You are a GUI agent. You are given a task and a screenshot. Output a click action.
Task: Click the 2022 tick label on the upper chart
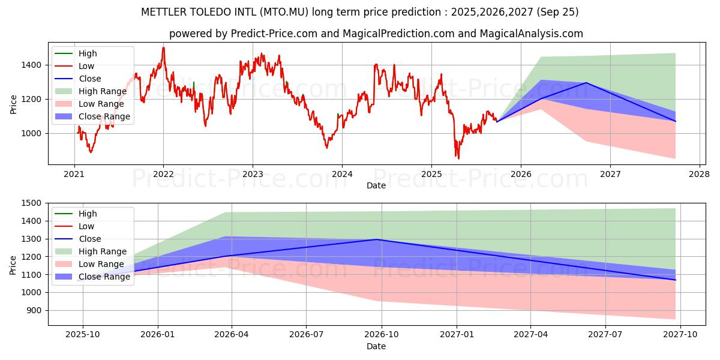[x=163, y=175]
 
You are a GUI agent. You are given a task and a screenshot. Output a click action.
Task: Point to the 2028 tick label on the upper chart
[x=700, y=175]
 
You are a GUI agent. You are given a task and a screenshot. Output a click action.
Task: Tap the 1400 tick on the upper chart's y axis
[x=33, y=65]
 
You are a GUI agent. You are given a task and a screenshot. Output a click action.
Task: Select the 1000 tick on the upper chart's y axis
[x=33, y=133]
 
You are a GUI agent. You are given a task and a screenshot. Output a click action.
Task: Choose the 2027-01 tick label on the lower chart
[x=457, y=335]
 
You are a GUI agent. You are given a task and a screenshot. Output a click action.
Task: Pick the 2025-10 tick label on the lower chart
[x=82, y=335]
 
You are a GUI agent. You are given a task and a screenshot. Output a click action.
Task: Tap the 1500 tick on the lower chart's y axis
[x=33, y=203]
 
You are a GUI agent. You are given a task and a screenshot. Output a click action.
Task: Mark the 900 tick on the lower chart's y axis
[x=35, y=310]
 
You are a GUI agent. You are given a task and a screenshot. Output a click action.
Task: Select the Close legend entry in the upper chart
[x=90, y=79]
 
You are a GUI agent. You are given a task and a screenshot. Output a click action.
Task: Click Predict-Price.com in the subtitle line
[x=274, y=34]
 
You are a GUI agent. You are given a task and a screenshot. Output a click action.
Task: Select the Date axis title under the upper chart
[x=376, y=185]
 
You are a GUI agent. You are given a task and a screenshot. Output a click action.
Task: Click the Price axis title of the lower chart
[x=13, y=264]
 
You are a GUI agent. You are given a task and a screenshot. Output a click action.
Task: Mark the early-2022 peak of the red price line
[x=163, y=48]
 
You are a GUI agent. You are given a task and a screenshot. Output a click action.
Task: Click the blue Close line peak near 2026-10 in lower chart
[x=377, y=239]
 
